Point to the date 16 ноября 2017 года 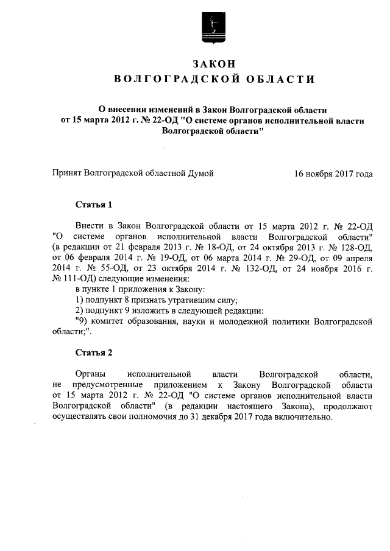(x=333, y=174)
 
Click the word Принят (x=67, y=174)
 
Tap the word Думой (x=200, y=174)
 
